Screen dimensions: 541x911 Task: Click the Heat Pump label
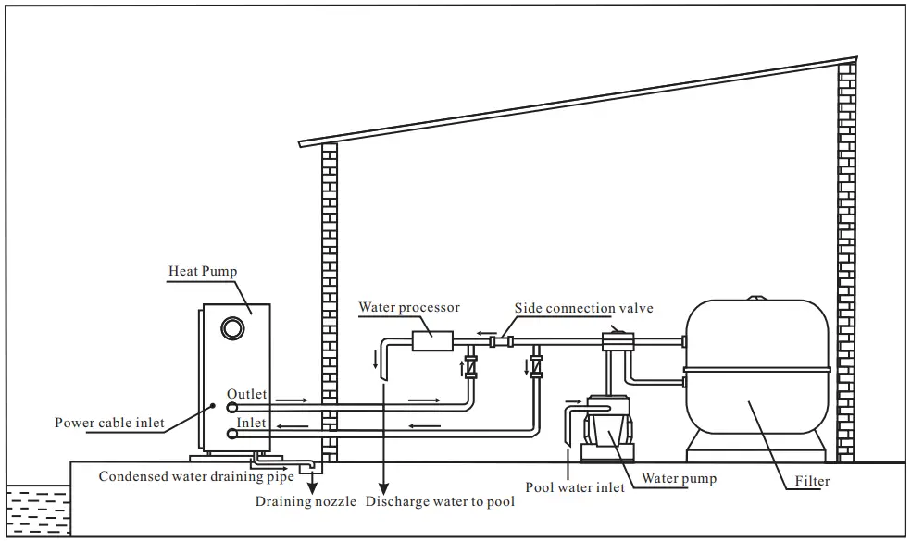coord(202,272)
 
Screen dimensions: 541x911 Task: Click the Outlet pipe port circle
coord(231,406)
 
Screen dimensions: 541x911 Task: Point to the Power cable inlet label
coord(109,424)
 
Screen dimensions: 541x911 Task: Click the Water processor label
coord(409,307)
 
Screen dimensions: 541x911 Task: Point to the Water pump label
coord(680,479)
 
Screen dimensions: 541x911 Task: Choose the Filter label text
coord(812,481)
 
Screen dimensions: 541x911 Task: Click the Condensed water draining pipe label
coord(196,477)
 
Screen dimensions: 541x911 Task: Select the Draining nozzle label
coord(306,502)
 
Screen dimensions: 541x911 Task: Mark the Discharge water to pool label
coord(440,502)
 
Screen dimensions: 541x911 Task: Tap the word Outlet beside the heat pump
coord(246,394)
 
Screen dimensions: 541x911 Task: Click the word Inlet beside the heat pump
coord(251,423)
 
